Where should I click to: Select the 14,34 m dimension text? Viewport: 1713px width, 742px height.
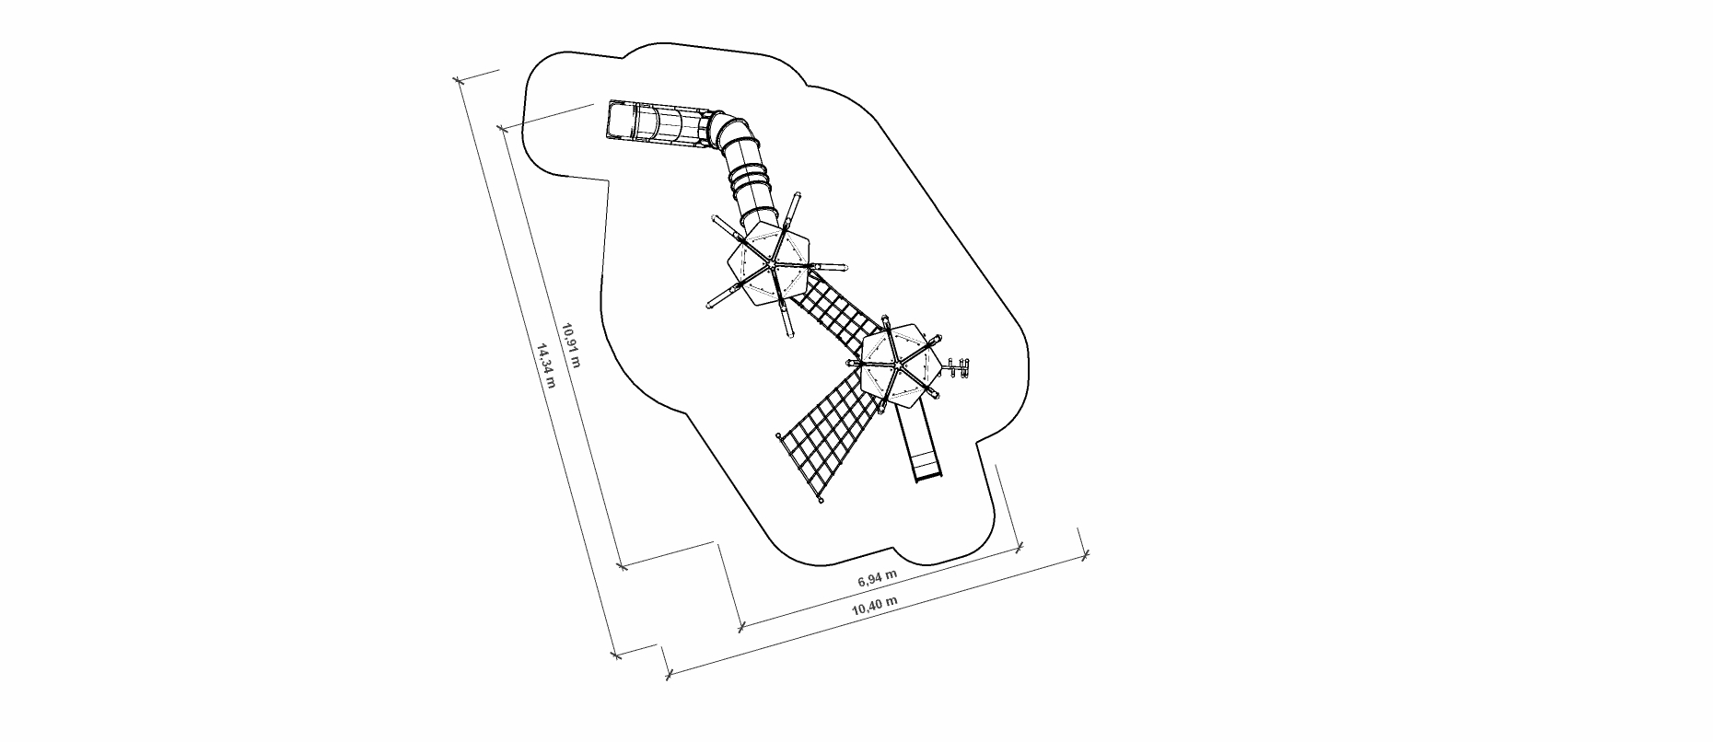pyautogui.click(x=545, y=366)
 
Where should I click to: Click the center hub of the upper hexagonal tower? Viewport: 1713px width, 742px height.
pyautogui.click(x=768, y=264)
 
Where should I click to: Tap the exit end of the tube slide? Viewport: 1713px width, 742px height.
pyautogui.click(x=619, y=121)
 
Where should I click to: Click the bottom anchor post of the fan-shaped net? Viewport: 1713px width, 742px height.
pyautogui.click(x=820, y=502)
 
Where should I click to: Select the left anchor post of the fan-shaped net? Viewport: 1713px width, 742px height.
pyautogui.click(x=779, y=436)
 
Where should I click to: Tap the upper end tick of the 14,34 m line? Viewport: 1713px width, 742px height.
pyautogui.click(x=459, y=82)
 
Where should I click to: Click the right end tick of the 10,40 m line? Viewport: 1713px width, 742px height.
pyautogui.click(x=1085, y=555)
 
